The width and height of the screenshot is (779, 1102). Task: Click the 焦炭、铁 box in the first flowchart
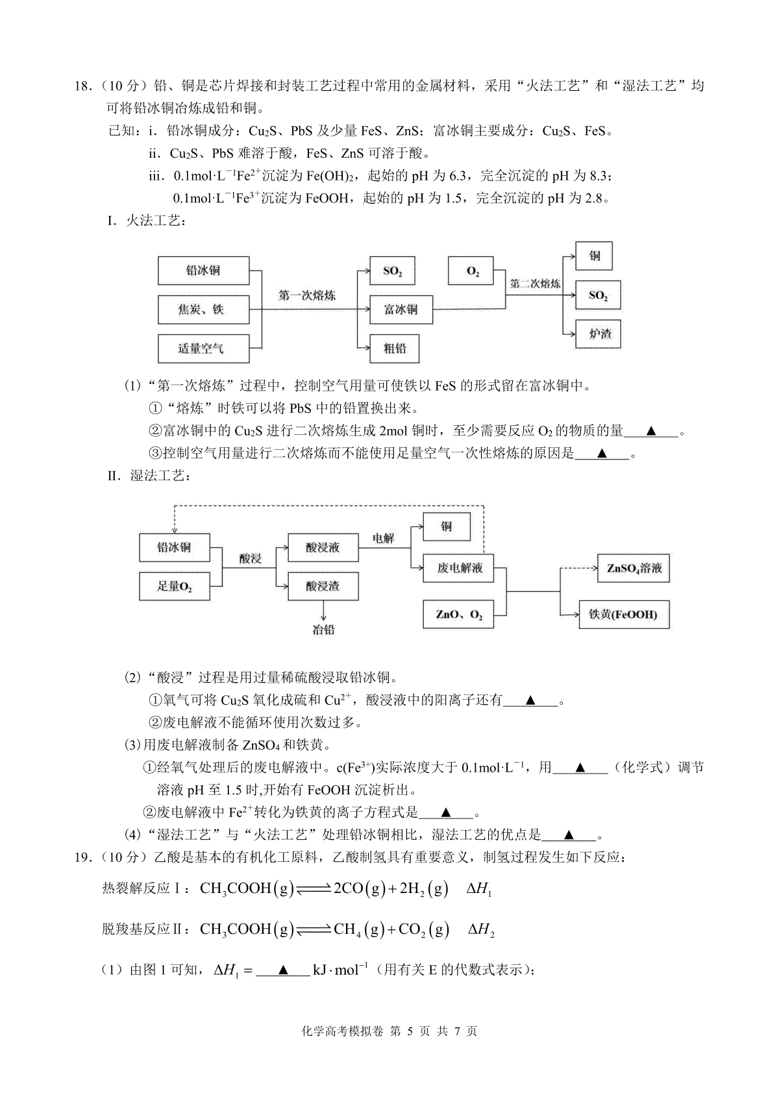203,310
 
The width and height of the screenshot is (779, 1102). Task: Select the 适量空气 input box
203,349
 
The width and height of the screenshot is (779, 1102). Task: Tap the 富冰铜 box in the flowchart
401,310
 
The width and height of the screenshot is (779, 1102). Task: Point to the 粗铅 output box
394,349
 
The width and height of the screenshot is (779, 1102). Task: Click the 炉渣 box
598,334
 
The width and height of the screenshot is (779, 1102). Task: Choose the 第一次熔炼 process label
307,295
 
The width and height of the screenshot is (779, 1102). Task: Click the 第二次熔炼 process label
535,284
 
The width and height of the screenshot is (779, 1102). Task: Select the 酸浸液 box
323,548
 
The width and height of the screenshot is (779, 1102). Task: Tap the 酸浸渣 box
323,587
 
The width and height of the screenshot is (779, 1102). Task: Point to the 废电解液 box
458,569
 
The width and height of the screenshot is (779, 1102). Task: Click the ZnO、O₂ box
458,615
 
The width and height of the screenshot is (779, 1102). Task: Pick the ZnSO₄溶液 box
634,569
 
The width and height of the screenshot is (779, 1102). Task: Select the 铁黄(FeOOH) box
624,615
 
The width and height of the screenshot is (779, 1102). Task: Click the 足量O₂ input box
174,587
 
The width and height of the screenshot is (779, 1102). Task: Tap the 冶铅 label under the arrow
323,630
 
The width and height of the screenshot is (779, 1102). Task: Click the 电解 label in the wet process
384,539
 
